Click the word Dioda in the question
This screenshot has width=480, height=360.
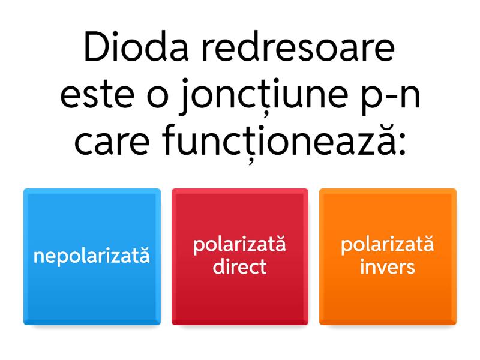(136, 47)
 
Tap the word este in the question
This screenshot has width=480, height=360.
(97, 95)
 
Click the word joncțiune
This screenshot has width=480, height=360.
(262, 97)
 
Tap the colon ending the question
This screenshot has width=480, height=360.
(402, 144)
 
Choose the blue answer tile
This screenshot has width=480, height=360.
(92, 257)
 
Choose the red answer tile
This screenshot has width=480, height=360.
(240, 257)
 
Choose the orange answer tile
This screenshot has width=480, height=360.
(388, 257)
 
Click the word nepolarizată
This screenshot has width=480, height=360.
(92, 256)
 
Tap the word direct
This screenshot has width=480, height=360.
(239, 266)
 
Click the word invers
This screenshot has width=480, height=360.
(388, 266)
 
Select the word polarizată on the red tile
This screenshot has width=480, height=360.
(239, 245)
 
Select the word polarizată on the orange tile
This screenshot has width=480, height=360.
(388, 245)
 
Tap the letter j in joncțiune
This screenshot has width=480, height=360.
(185, 97)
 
